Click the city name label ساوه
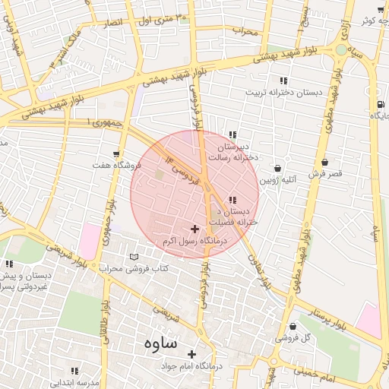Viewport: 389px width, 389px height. pyautogui.click(x=160, y=343)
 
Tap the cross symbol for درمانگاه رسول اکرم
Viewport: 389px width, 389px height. pyautogui.click(x=195, y=228)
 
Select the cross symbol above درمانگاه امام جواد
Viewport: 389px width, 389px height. pyautogui.click(x=191, y=354)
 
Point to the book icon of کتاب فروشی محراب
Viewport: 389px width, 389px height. pyautogui.click(x=134, y=257)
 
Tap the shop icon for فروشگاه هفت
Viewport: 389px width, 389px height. pyautogui.click(x=116, y=153)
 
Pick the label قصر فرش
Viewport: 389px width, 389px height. pyautogui.click(x=325, y=173)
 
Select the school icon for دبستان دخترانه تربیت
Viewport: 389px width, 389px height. pyautogui.click(x=283, y=80)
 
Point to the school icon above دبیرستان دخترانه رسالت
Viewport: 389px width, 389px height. pyautogui.click(x=232, y=134)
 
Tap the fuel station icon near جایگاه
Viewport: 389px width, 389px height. pyautogui.click(x=379, y=104)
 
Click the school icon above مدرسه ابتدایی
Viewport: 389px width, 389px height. pyautogui.click(x=74, y=371)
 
